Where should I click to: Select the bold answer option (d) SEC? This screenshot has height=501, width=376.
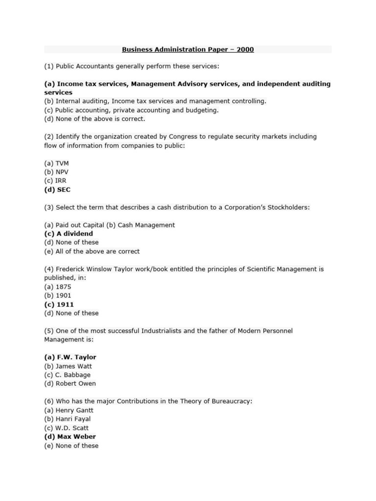[x=58, y=189]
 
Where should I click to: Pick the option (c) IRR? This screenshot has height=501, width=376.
[x=55, y=181]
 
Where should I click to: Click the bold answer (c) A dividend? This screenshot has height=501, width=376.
[x=69, y=233]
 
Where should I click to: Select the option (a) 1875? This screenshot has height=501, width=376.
[x=58, y=287]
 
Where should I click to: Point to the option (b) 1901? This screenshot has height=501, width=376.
[x=58, y=296]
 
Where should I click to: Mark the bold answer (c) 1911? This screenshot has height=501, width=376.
[x=59, y=304]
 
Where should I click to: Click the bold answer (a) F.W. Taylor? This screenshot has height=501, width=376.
[x=70, y=357]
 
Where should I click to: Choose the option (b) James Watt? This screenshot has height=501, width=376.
[x=68, y=366]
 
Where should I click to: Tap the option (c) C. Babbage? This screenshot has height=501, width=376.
[x=68, y=375]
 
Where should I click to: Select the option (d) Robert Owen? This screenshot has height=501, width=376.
[x=70, y=384]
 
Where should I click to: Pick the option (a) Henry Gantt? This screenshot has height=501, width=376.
[x=69, y=410]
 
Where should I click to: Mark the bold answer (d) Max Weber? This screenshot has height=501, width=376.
[x=70, y=436]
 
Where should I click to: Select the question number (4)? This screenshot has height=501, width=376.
[x=49, y=269]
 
